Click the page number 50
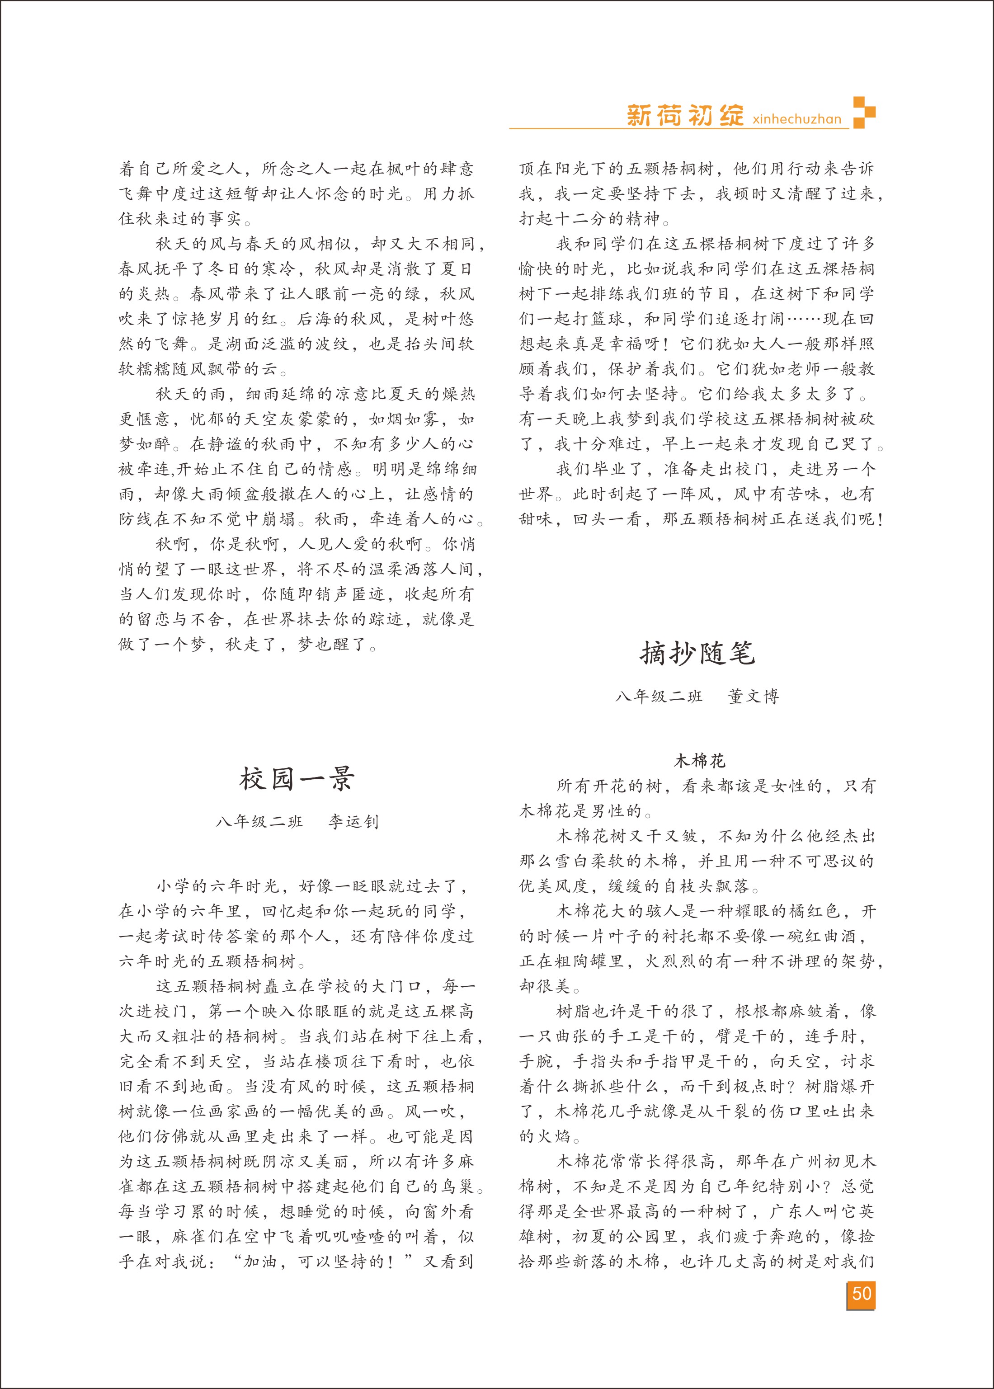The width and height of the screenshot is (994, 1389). (861, 1293)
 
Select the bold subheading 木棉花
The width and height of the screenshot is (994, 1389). (699, 761)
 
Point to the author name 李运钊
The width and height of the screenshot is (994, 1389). (354, 821)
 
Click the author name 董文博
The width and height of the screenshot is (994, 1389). (754, 697)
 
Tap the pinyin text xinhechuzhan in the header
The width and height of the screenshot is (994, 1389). (797, 119)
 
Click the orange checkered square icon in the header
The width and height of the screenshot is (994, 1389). (864, 112)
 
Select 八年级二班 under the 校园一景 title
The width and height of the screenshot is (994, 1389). (259, 821)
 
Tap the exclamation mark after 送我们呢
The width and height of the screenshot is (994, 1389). (880, 519)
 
